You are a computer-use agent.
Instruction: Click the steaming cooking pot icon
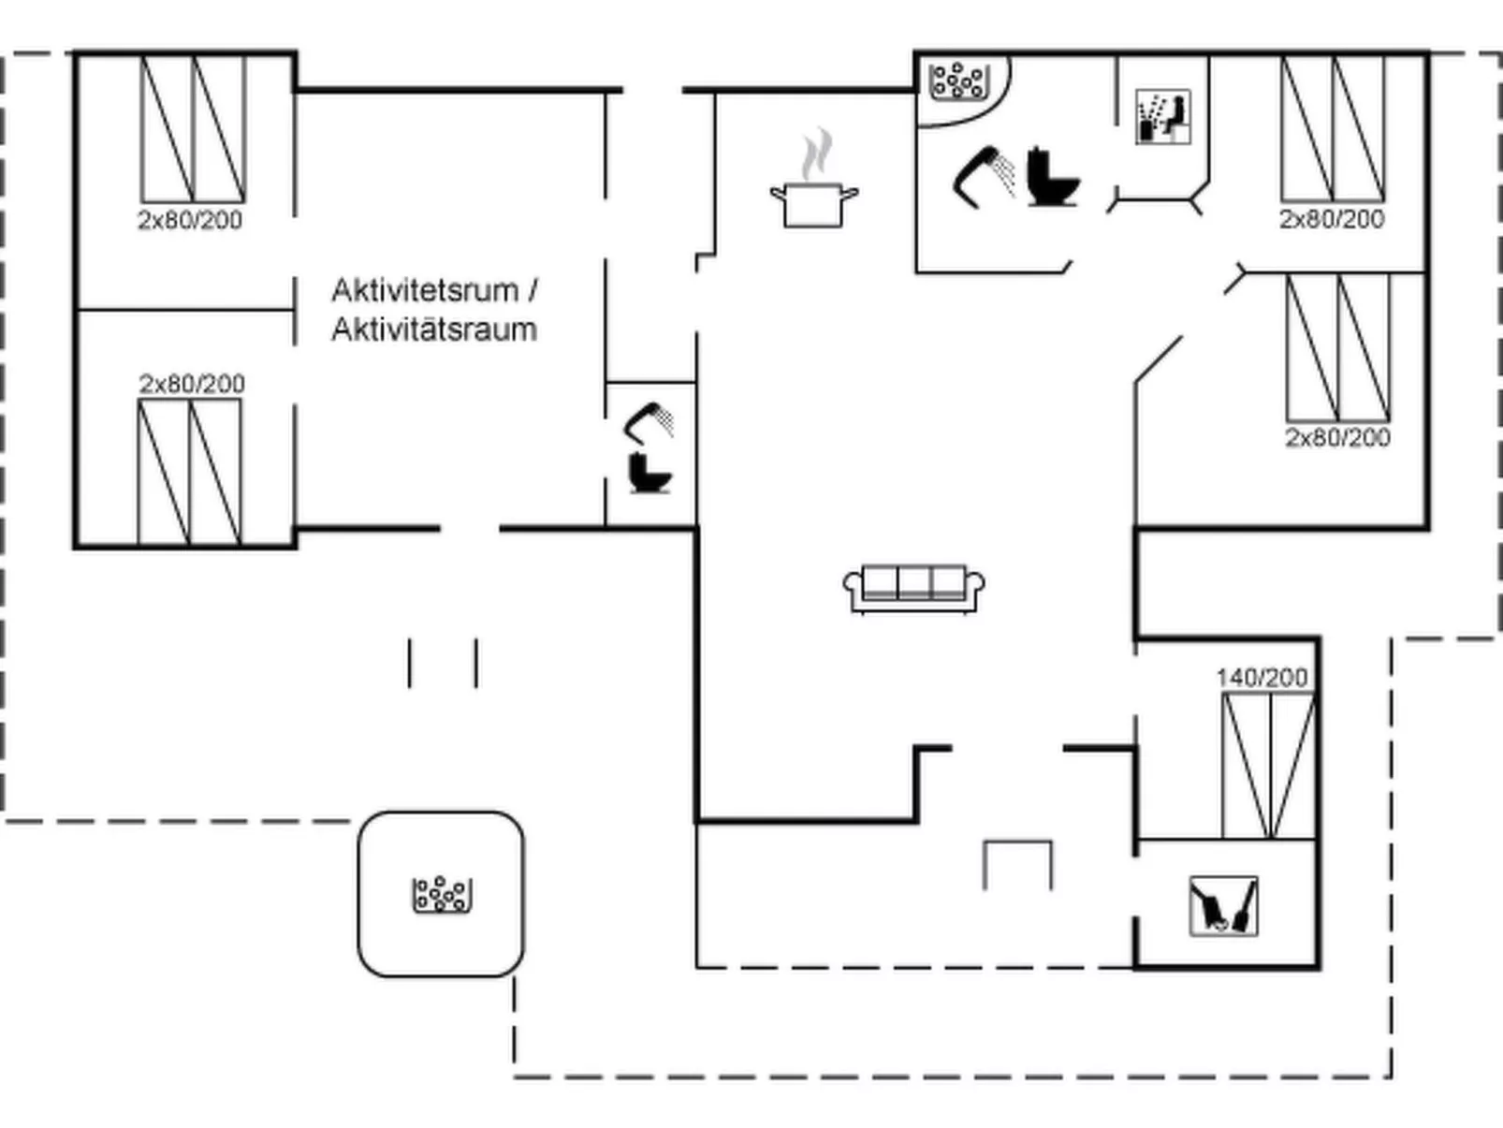(x=813, y=204)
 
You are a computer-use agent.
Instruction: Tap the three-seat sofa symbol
(x=913, y=588)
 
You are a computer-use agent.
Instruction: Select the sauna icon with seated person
(x=1162, y=117)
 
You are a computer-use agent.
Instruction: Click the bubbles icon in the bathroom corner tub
(x=957, y=81)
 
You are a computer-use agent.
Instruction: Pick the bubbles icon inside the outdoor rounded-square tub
(x=442, y=894)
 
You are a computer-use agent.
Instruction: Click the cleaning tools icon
(x=1223, y=905)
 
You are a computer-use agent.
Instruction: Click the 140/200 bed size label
(x=1262, y=678)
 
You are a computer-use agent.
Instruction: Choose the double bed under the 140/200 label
(x=1268, y=766)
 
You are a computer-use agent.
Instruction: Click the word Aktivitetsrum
(x=424, y=290)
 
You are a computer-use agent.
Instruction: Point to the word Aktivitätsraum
(x=434, y=330)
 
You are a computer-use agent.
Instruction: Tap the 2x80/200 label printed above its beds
(x=192, y=384)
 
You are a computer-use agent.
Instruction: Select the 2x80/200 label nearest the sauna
(x=1331, y=219)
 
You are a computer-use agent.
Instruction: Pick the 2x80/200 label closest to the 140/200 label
(x=1337, y=437)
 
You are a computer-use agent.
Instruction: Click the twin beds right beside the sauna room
(x=1333, y=128)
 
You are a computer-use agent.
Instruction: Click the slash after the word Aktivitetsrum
(x=533, y=290)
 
